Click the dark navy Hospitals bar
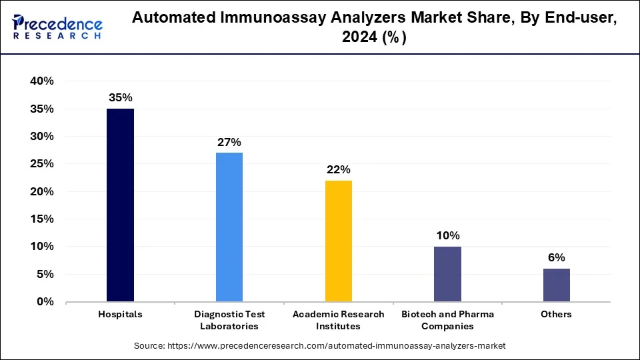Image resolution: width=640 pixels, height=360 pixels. tap(120, 205)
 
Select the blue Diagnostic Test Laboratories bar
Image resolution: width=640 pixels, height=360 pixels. tap(229, 227)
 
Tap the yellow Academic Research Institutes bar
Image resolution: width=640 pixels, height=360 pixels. tap(339, 241)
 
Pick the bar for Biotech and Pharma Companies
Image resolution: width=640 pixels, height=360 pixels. tap(447, 274)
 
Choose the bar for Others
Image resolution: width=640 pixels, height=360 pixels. tap(557, 285)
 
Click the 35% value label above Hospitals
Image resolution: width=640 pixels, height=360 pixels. tap(120, 97)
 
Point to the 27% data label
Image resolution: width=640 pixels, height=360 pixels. tap(229, 142)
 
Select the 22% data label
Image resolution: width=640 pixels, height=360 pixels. tap(339, 169)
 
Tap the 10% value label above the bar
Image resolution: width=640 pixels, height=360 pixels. tap(447, 235)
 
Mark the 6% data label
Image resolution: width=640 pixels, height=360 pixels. tap(557, 257)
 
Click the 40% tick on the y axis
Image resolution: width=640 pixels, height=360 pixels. tap(41, 81)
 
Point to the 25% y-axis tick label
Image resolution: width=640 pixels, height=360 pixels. tap(41, 164)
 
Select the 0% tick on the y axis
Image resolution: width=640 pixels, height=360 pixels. tap(44, 302)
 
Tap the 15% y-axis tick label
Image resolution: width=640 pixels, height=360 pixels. tap(41, 219)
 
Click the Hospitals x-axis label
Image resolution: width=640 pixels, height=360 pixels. tap(120, 314)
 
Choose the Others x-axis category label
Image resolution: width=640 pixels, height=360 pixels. tap(557, 314)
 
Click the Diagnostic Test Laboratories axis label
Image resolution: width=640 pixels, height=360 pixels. tap(229, 320)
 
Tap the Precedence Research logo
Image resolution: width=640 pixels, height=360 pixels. tap(57, 27)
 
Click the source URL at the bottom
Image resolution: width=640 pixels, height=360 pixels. tap(319, 346)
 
